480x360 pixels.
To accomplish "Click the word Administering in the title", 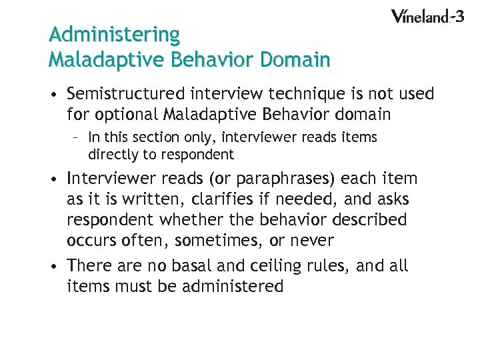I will pyautogui.click(x=114, y=34).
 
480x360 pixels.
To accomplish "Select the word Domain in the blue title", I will pyautogui.click(x=295, y=60).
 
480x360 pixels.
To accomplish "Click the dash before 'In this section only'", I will pyautogui.click(x=77, y=137).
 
